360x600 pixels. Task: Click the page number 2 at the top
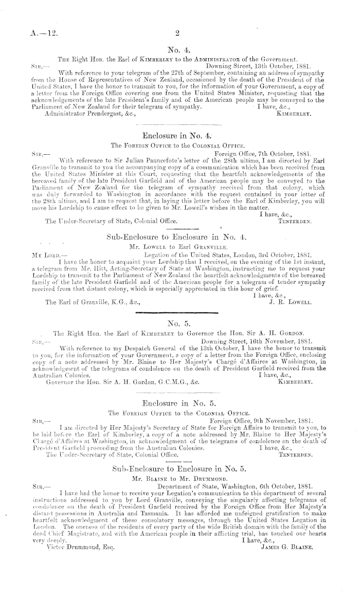pos(176,34)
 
